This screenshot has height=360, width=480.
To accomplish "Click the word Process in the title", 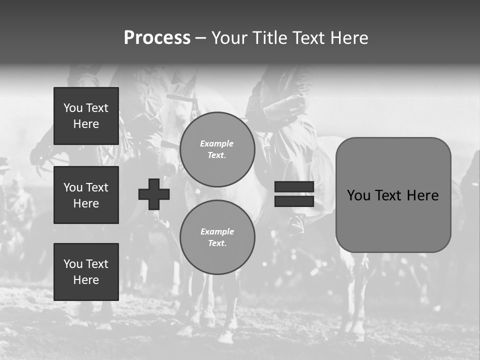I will click(157, 38).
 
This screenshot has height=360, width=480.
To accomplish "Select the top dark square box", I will click(86, 116).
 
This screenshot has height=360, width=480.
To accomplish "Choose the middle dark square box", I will click(86, 195).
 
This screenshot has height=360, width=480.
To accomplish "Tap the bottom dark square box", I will click(86, 272).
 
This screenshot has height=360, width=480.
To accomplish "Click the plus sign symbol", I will click(154, 194).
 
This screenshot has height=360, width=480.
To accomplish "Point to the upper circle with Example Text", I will click(217, 149).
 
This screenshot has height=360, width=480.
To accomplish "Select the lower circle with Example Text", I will click(217, 237).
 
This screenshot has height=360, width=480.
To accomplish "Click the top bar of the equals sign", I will click(294, 187).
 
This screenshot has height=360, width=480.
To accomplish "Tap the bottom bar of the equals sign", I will click(294, 201).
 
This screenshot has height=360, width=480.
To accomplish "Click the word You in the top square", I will click(72, 108).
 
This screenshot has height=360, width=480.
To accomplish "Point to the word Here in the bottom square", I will click(86, 280).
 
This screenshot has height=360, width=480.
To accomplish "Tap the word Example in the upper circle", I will click(217, 143).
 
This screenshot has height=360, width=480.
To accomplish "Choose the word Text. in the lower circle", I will click(217, 243).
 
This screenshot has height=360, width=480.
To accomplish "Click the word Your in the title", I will click(229, 38).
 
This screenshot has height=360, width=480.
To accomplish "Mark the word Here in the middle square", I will click(86, 203).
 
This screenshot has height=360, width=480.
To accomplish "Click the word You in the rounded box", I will click(358, 195).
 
